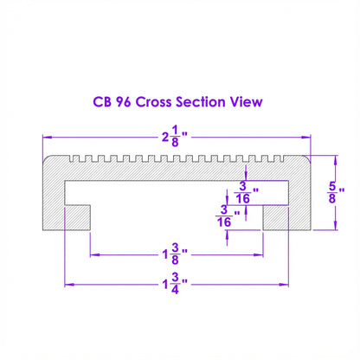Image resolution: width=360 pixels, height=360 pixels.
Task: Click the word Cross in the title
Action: [153, 102]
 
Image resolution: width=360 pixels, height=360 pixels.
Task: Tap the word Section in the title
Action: [201, 102]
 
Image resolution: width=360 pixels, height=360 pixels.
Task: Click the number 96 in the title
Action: [124, 102]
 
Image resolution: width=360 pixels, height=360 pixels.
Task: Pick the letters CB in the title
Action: [102, 102]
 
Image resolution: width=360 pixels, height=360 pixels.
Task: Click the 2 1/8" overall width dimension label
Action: [175, 137]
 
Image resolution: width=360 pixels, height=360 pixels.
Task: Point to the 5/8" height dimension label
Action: [336, 192]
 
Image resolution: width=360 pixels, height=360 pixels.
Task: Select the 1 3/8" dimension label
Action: [175, 254]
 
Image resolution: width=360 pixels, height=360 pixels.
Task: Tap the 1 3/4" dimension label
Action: [175, 284]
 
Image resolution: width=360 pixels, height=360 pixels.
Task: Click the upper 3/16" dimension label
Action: [246, 192]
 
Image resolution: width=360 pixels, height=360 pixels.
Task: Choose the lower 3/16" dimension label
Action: [228, 216]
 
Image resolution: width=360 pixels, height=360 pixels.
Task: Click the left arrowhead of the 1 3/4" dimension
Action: [69, 285]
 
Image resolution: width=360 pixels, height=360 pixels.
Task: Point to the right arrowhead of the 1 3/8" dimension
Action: [259, 255]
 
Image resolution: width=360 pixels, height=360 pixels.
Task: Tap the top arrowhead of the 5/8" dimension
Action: [336, 160]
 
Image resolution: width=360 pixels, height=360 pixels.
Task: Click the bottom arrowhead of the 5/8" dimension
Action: [336, 225]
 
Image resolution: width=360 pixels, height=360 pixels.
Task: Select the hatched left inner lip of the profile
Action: [78, 218]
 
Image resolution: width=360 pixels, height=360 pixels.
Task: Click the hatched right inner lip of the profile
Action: [275, 218]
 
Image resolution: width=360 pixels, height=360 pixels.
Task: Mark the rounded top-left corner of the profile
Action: [45, 158]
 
